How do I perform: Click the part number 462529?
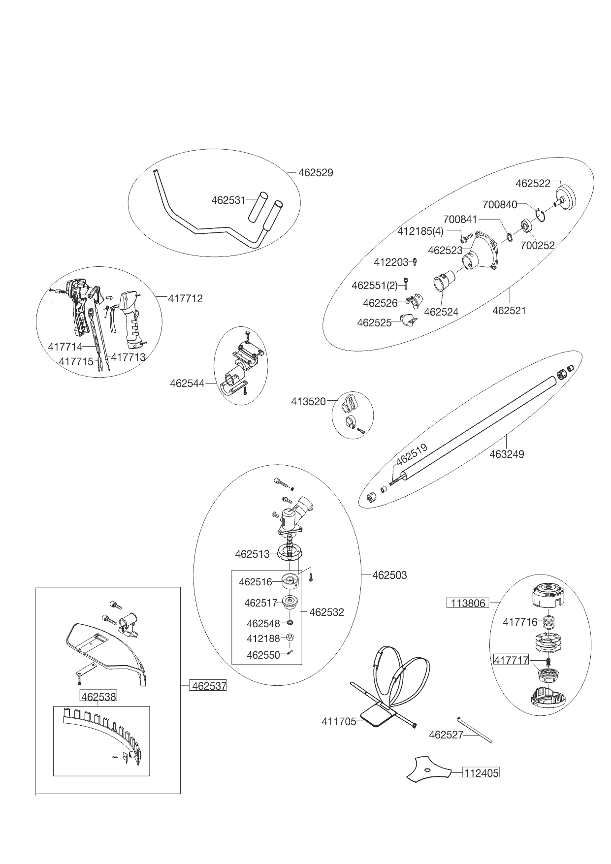pos(316,173)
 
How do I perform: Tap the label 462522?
pos(533,183)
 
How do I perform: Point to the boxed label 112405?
pos(481,773)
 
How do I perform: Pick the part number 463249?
pos(507,454)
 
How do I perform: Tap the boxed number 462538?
pos(98,697)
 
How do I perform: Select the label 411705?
pos(339,722)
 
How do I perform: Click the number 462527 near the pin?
pos(446,735)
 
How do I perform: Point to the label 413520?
pos(308,402)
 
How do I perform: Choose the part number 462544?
pos(187,383)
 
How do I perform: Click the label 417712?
pos(185,299)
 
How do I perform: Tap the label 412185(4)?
pos(420,231)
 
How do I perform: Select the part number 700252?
pos(537,245)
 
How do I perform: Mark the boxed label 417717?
pos(511,660)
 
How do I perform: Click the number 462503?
pos(389,575)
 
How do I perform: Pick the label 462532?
pos(326,612)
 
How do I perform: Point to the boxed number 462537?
pos(208,685)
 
